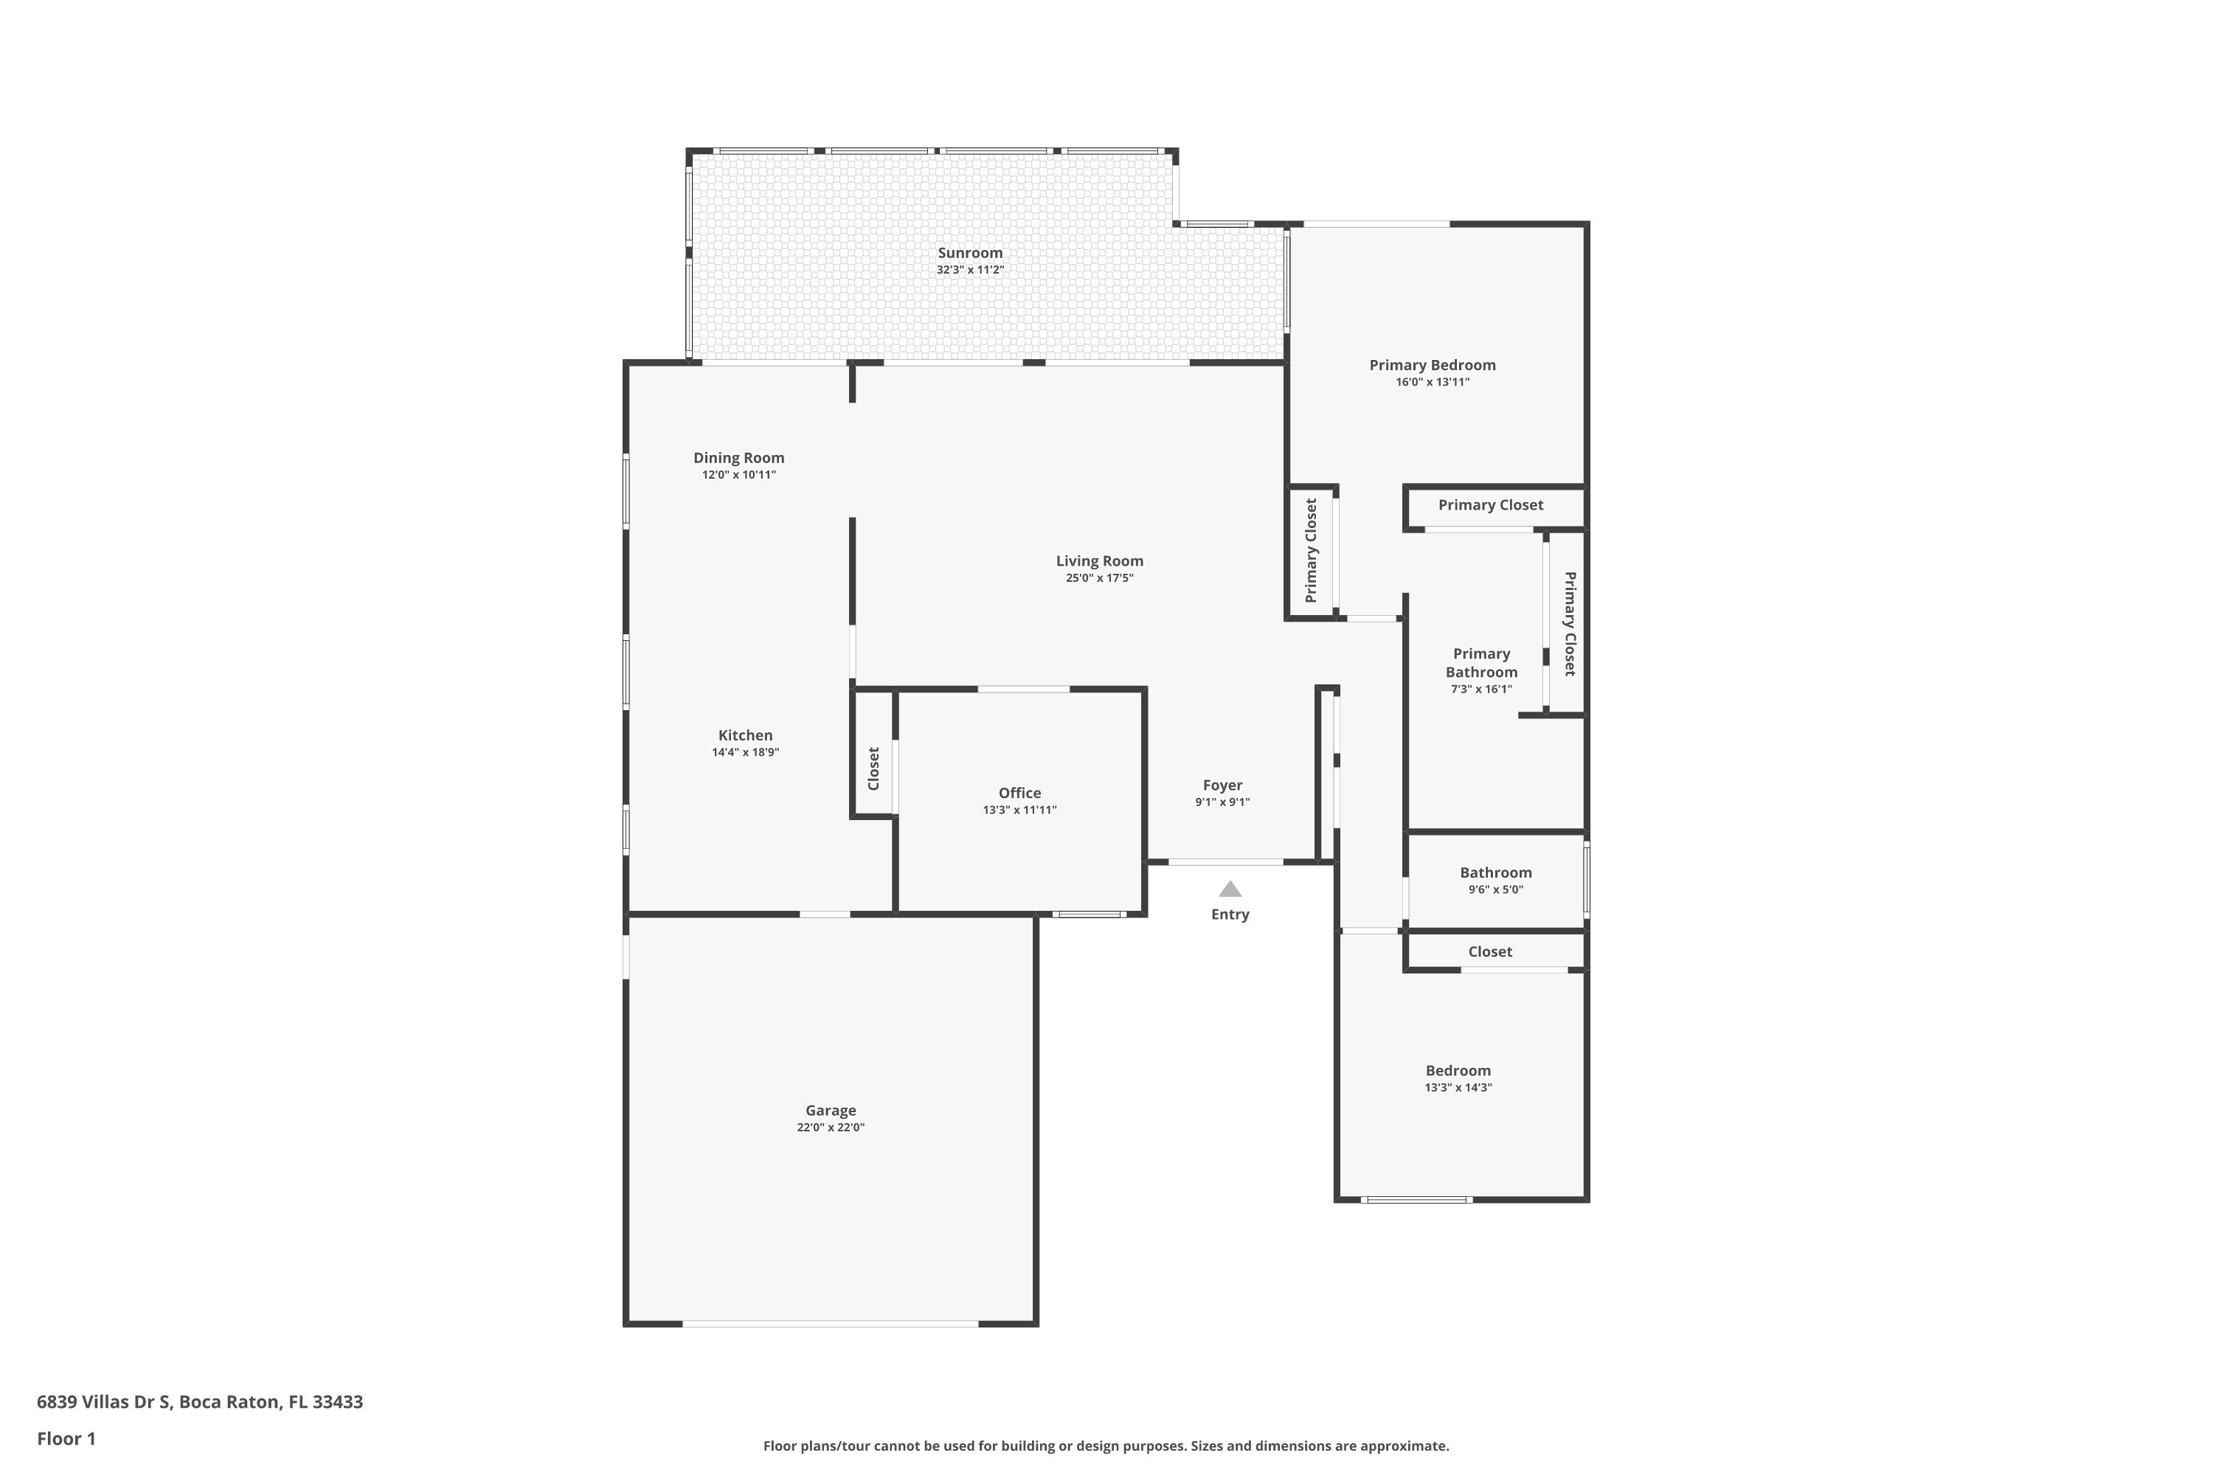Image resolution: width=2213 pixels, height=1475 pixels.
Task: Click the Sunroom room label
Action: pos(970,253)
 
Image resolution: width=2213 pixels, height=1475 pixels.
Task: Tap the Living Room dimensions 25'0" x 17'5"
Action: pos(1099,577)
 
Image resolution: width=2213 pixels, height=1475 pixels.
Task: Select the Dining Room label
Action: pos(738,458)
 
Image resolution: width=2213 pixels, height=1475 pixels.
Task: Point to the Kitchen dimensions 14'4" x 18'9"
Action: pos(745,752)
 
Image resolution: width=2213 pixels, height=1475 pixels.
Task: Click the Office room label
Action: pos(1020,793)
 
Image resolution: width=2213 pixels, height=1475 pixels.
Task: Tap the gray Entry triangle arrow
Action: pos(1230,889)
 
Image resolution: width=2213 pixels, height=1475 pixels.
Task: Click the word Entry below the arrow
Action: pos(1230,914)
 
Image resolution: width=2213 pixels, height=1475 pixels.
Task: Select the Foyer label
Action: pos(1222,785)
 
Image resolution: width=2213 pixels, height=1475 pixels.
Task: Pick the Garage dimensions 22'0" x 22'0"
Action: pos(831,1127)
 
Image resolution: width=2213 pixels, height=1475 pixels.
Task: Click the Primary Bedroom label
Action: pos(1432,365)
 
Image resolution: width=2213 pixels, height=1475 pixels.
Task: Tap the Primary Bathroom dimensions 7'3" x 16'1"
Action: pos(1481,689)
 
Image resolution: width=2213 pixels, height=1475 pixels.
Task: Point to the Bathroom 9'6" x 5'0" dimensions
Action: pos(1495,889)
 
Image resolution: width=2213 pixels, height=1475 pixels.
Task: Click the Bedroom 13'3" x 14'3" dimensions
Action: pos(1458,1087)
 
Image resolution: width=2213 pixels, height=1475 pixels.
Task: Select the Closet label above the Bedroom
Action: pos(1489,952)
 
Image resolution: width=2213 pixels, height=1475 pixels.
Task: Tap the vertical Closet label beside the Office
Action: pos(873,768)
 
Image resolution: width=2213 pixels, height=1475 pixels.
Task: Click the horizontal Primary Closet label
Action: pos(1490,505)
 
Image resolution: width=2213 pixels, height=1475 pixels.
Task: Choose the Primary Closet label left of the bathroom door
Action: pos(1311,550)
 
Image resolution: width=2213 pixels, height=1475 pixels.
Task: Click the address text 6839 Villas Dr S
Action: pos(103,1402)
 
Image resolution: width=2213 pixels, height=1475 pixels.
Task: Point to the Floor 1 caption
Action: pos(66,1438)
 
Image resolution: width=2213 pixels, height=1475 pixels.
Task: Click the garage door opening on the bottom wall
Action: pos(831,1324)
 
